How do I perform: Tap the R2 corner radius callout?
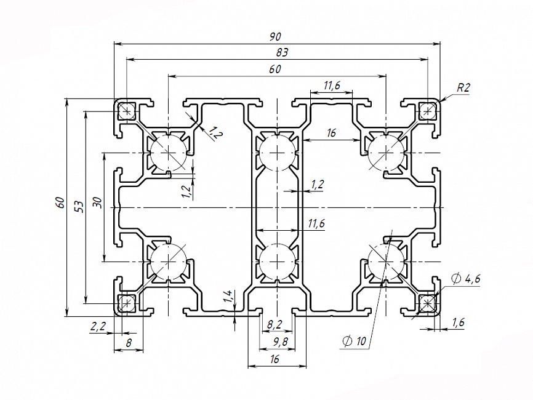point(463,88)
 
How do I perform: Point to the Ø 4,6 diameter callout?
point(465,279)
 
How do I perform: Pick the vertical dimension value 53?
point(78,206)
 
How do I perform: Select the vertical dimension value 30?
point(97,204)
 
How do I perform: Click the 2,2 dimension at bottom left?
point(98,326)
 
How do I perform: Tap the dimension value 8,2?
point(275,324)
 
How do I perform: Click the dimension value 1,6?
point(459,322)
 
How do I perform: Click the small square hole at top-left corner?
point(127,111)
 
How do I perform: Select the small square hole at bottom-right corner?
point(427,303)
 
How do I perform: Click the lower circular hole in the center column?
point(276,261)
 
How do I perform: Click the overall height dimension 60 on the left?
point(60,202)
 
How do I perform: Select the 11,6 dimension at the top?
point(331,86)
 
